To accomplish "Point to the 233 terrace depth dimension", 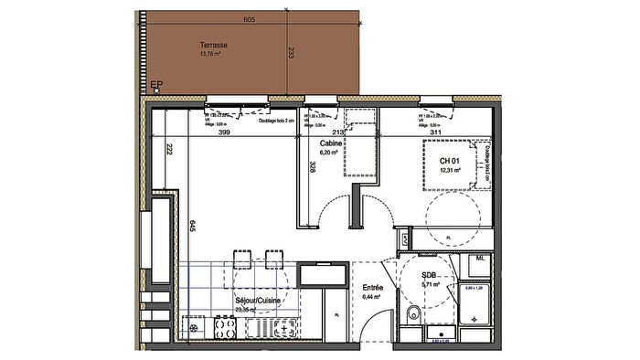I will (291, 52).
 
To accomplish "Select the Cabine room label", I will (331, 144).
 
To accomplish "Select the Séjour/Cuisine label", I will (257, 300).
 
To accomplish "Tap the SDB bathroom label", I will (428, 275).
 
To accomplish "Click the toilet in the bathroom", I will (412, 316).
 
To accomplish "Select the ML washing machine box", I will (479, 260).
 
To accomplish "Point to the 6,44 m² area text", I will (373, 297).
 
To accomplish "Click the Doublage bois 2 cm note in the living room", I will (277, 121).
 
